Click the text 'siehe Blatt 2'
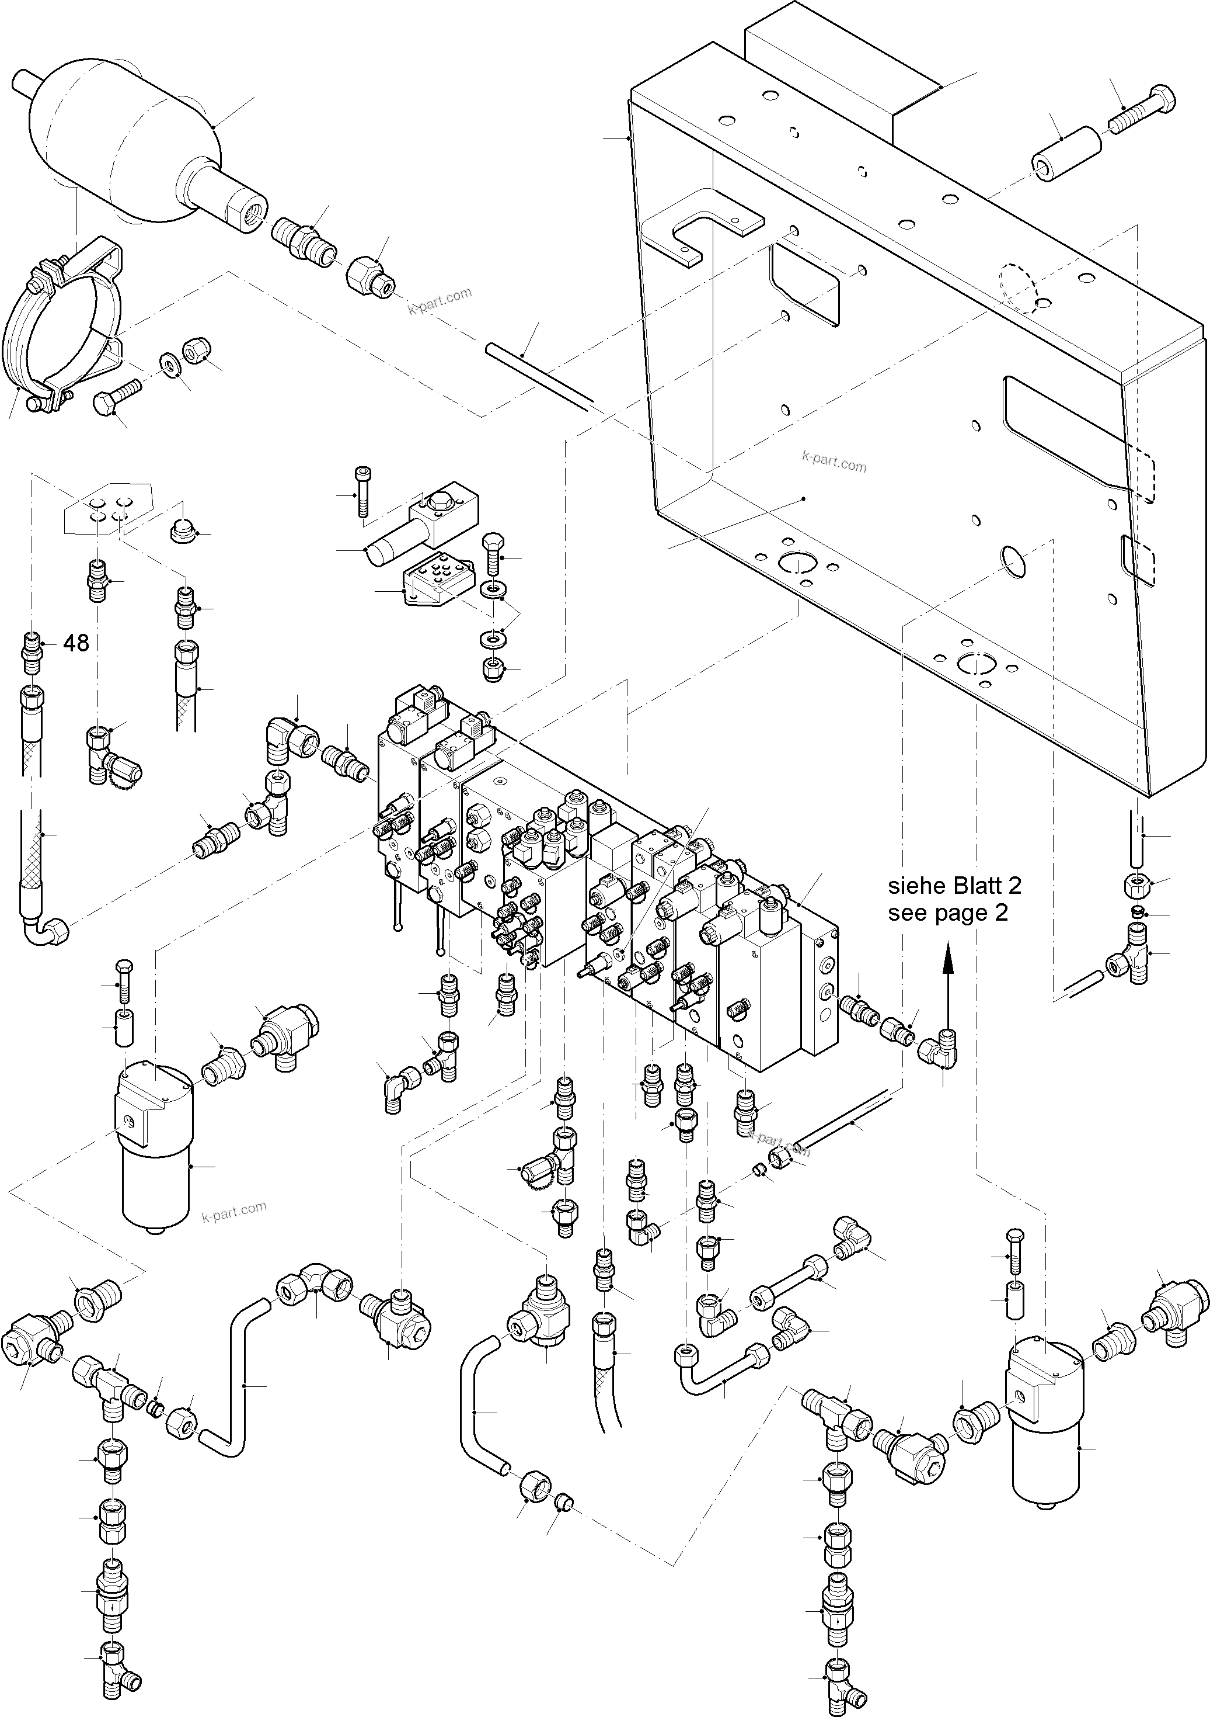pyautogui.click(x=954, y=886)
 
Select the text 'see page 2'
pyautogui.click(x=948, y=913)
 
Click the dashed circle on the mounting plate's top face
pyautogui.click(x=1018, y=288)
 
